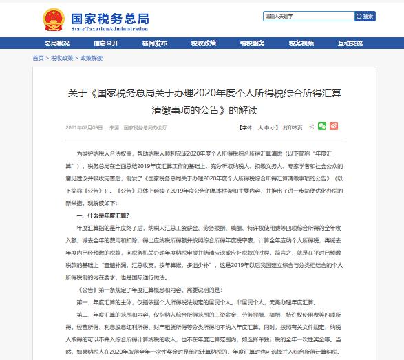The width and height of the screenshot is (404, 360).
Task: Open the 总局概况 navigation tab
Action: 57,43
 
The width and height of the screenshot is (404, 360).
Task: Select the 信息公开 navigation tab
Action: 106,43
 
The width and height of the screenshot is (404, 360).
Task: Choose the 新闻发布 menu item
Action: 155,43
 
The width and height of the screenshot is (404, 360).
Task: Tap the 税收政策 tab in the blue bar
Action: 204,43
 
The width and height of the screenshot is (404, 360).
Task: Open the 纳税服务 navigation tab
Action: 253,43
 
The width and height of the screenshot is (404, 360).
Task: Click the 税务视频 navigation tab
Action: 301,43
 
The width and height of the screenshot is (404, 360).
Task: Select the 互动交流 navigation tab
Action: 350,43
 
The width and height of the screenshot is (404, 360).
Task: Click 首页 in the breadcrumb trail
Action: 38,59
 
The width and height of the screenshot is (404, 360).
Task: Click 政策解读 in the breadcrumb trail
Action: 91,59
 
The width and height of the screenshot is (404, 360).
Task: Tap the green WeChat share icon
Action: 322,127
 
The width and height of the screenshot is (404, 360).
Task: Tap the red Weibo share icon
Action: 334,127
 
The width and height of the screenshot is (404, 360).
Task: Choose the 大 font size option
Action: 260,128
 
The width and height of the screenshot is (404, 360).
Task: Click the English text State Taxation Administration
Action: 109,27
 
